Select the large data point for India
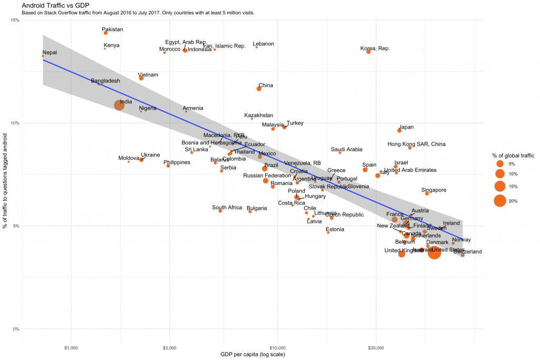(119, 105)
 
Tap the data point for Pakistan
(105, 33)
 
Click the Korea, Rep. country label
(375, 48)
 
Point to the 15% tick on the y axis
(15, 20)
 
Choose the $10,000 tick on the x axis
(277, 347)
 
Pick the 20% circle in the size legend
(499, 201)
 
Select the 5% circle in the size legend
(499, 164)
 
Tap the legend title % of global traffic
(513, 155)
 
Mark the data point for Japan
(399, 131)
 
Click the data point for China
(259, 89)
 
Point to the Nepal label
(50, 53)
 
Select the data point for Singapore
(427, 193)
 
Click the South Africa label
(227, 208)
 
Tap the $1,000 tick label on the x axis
(71, 347)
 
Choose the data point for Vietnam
(141, 78)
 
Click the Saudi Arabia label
(346, 150)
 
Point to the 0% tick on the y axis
(16, 329)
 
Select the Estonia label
(335, 229)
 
